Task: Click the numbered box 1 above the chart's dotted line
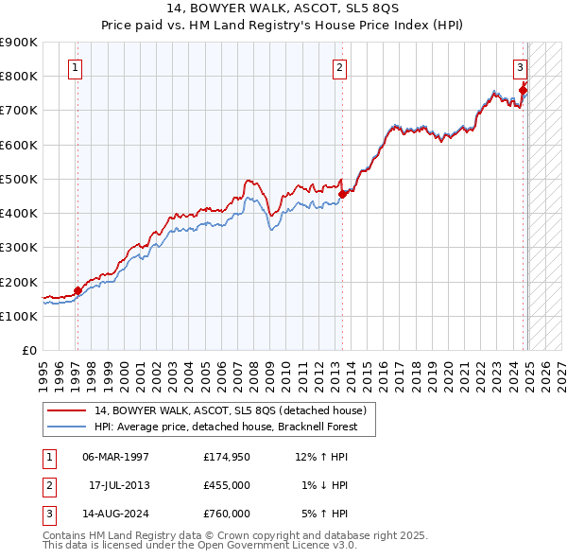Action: pos(75,67)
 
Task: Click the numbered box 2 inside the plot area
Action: pos(339,67)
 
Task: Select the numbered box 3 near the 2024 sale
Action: pos(520,67)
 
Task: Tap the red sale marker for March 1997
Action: pos(77,290)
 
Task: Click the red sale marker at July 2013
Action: pos(342,195)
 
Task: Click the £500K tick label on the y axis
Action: pos(19,179)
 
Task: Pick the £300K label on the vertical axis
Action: pos(19,248)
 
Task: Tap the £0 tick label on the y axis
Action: pos(28,351)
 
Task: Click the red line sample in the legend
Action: pos(67,410)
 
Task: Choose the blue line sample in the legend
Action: pos(67,427)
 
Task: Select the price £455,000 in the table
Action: pos(226,486)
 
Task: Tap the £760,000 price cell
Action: pos(226,514)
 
